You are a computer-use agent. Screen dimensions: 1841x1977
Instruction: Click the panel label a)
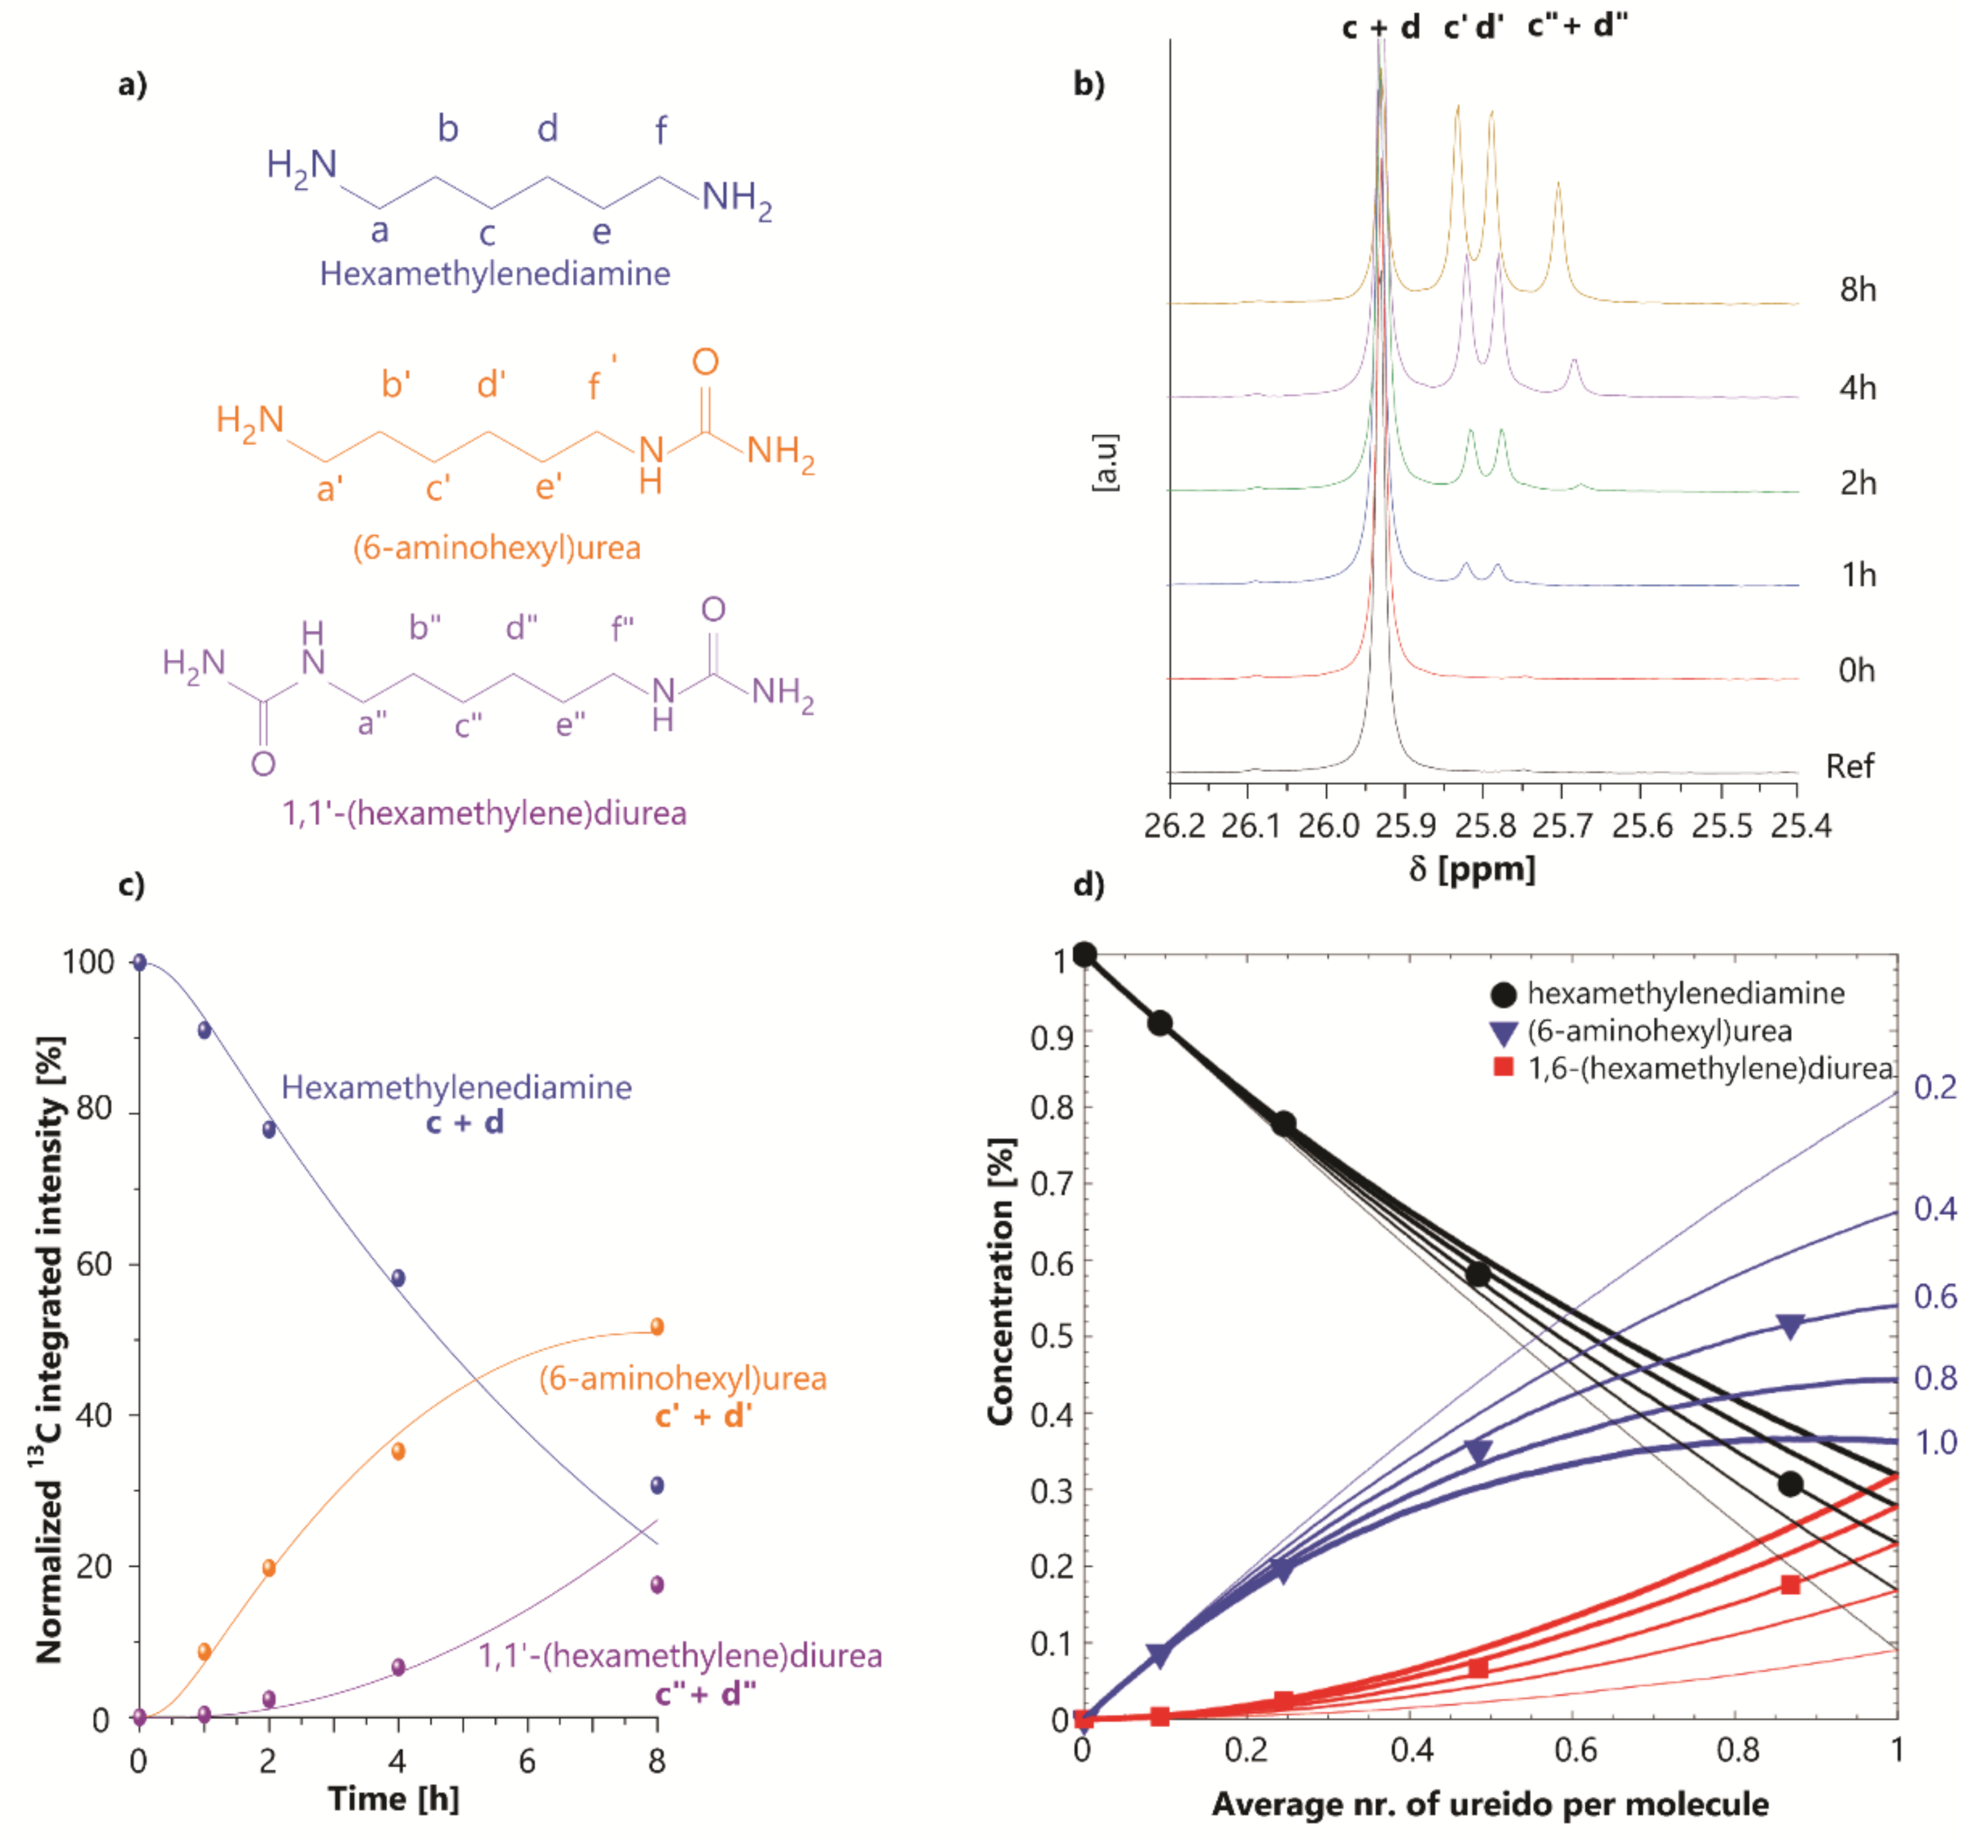132,85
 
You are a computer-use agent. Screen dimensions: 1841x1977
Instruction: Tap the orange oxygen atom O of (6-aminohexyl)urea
705,362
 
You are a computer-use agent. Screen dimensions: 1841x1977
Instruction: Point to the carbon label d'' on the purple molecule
521,628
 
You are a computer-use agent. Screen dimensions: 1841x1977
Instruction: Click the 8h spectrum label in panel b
1857,291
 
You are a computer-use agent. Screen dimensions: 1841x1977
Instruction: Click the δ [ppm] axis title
1472,869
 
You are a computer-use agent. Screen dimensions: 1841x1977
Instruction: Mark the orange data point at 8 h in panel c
656,1326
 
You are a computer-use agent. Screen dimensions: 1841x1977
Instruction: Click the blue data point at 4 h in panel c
398,1278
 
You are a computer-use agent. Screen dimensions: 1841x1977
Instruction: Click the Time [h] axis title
394,1798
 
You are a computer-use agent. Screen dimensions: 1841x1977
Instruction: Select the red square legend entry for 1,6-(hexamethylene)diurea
1504,1068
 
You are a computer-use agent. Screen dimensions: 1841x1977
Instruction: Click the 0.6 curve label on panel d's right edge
1934,1297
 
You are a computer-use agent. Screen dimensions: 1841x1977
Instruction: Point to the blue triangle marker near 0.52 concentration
1790,1327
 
